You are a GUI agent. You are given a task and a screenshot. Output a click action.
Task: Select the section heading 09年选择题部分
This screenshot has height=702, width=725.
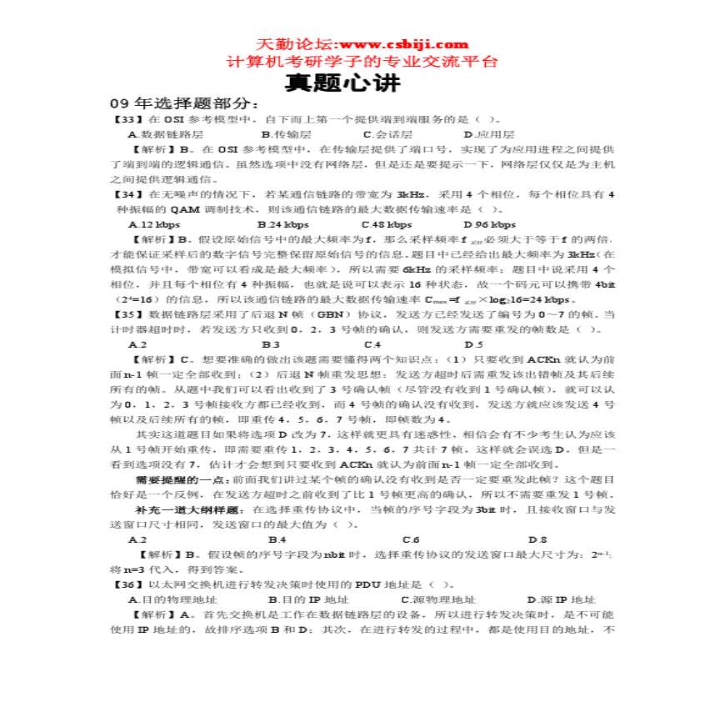(x=179, y=103)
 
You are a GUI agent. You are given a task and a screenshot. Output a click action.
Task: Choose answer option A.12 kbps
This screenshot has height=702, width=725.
(x=153, y=224)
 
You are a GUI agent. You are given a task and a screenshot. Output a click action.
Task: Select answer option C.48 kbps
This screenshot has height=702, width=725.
(x=386, y=224)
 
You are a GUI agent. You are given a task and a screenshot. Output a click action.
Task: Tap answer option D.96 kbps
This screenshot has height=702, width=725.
(x=489, y=224)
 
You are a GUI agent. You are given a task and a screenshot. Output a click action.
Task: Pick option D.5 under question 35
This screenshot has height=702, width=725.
(x=473, y=344)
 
